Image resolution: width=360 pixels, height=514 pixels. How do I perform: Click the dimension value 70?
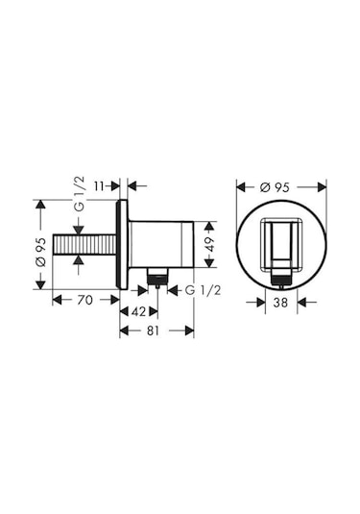click(84, 300)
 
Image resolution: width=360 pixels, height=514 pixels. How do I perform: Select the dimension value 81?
click(153, 330)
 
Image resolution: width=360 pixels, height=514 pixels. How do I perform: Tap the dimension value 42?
click(138, 311)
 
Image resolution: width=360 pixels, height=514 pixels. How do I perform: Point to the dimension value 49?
click(210, 244)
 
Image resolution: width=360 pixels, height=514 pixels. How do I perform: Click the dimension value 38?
click(280, 303)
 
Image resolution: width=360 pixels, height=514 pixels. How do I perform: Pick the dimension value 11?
click(99, 186)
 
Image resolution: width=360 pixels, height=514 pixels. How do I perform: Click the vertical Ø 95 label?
click(41, 252)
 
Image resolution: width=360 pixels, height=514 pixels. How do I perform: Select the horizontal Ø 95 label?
click(275, 187)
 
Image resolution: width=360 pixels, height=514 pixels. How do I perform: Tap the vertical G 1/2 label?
click(80, 194)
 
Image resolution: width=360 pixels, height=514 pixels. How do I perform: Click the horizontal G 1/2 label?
click(204, 290)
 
